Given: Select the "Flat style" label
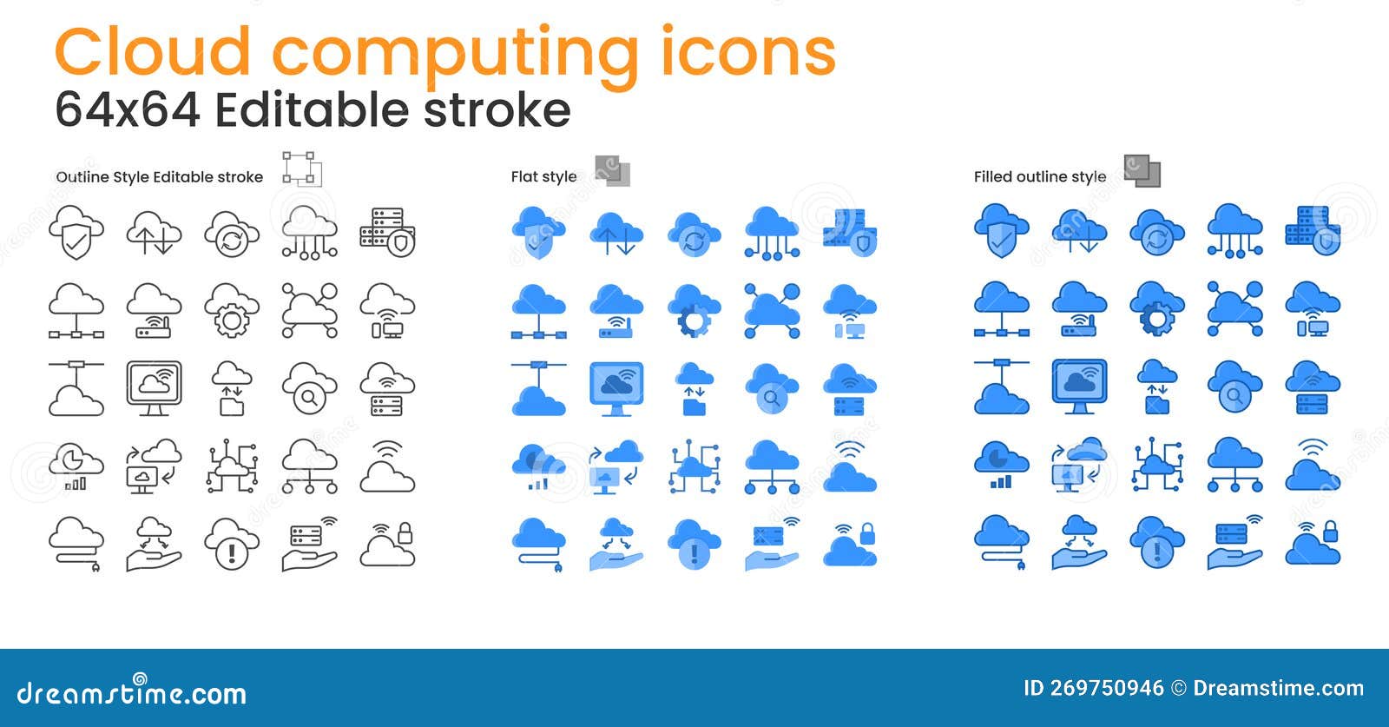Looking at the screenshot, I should click(543, 176).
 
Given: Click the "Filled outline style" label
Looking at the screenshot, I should click(1039, 176).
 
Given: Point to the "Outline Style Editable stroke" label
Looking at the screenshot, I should click(159, 176).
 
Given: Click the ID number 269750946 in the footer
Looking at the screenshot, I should click(1106, 689).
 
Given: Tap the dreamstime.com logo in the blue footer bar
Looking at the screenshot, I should click(132, 692).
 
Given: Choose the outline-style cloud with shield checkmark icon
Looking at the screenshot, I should click(76, 232).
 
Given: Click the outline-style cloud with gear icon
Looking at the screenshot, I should click(232, 310).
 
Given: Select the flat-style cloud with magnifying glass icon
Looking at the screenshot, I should click(771, 388).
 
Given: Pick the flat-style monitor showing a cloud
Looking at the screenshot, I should click(616, 388).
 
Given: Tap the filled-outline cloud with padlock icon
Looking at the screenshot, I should click(1313, 545).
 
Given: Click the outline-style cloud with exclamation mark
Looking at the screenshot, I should click(232, 545).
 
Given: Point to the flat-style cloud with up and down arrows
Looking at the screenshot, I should click(616, 232).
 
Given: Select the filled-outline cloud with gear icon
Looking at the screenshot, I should click(1156, 310).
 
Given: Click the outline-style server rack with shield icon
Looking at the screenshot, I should click(387, 232).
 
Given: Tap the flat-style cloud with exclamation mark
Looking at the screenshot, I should click(694, 545).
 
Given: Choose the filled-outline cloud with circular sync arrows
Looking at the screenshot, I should click(1156, 232).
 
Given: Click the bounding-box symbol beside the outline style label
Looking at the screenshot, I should click(300, 169).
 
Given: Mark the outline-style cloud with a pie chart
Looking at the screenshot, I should click(76, 466).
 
